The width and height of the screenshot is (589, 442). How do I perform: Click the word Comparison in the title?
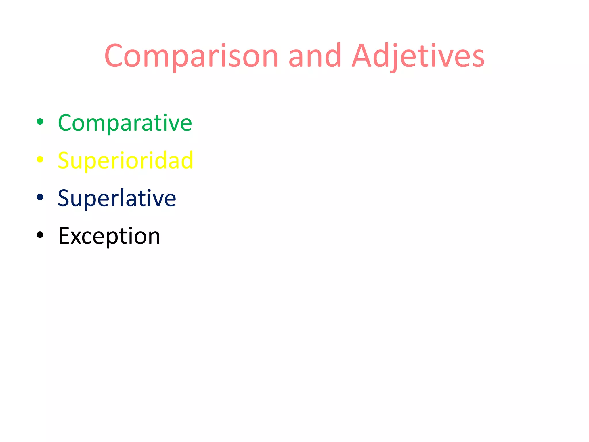click(191, 56)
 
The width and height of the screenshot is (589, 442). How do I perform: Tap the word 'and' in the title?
click(315, 56)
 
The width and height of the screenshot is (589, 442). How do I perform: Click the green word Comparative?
click(125, 123)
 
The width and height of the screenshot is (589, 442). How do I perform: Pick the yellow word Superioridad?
click(125, 161)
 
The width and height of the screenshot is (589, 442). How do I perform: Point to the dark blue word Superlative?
click(117, 198)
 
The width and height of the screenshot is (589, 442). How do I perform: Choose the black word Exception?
click(109, 236)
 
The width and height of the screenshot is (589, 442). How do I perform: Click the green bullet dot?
click(40, 122)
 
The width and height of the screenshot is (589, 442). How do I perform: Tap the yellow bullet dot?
click(40, 159)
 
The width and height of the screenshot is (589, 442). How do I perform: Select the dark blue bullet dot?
click(40, 197)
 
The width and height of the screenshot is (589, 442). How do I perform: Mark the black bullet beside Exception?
click(40, 235)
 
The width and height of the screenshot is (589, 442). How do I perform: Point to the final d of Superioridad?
click(187, 160)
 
